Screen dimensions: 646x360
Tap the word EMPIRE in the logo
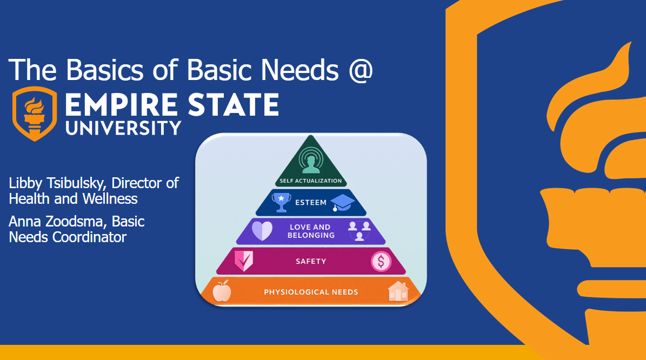122,105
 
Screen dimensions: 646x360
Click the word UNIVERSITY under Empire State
124,128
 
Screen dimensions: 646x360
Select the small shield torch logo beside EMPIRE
35,114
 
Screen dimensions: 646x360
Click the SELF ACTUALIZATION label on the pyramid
311,181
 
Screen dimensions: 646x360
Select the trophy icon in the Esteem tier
282,202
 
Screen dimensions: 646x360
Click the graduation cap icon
343,203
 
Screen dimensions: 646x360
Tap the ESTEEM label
311,203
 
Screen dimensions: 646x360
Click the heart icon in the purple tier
262,231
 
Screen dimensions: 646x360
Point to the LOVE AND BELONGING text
311,231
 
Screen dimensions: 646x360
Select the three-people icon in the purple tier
359,231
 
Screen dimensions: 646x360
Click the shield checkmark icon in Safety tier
243,261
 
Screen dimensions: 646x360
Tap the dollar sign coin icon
381,261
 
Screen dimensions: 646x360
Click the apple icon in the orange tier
222,291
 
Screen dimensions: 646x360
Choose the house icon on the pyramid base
398,291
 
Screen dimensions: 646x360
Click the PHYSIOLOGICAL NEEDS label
311,292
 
